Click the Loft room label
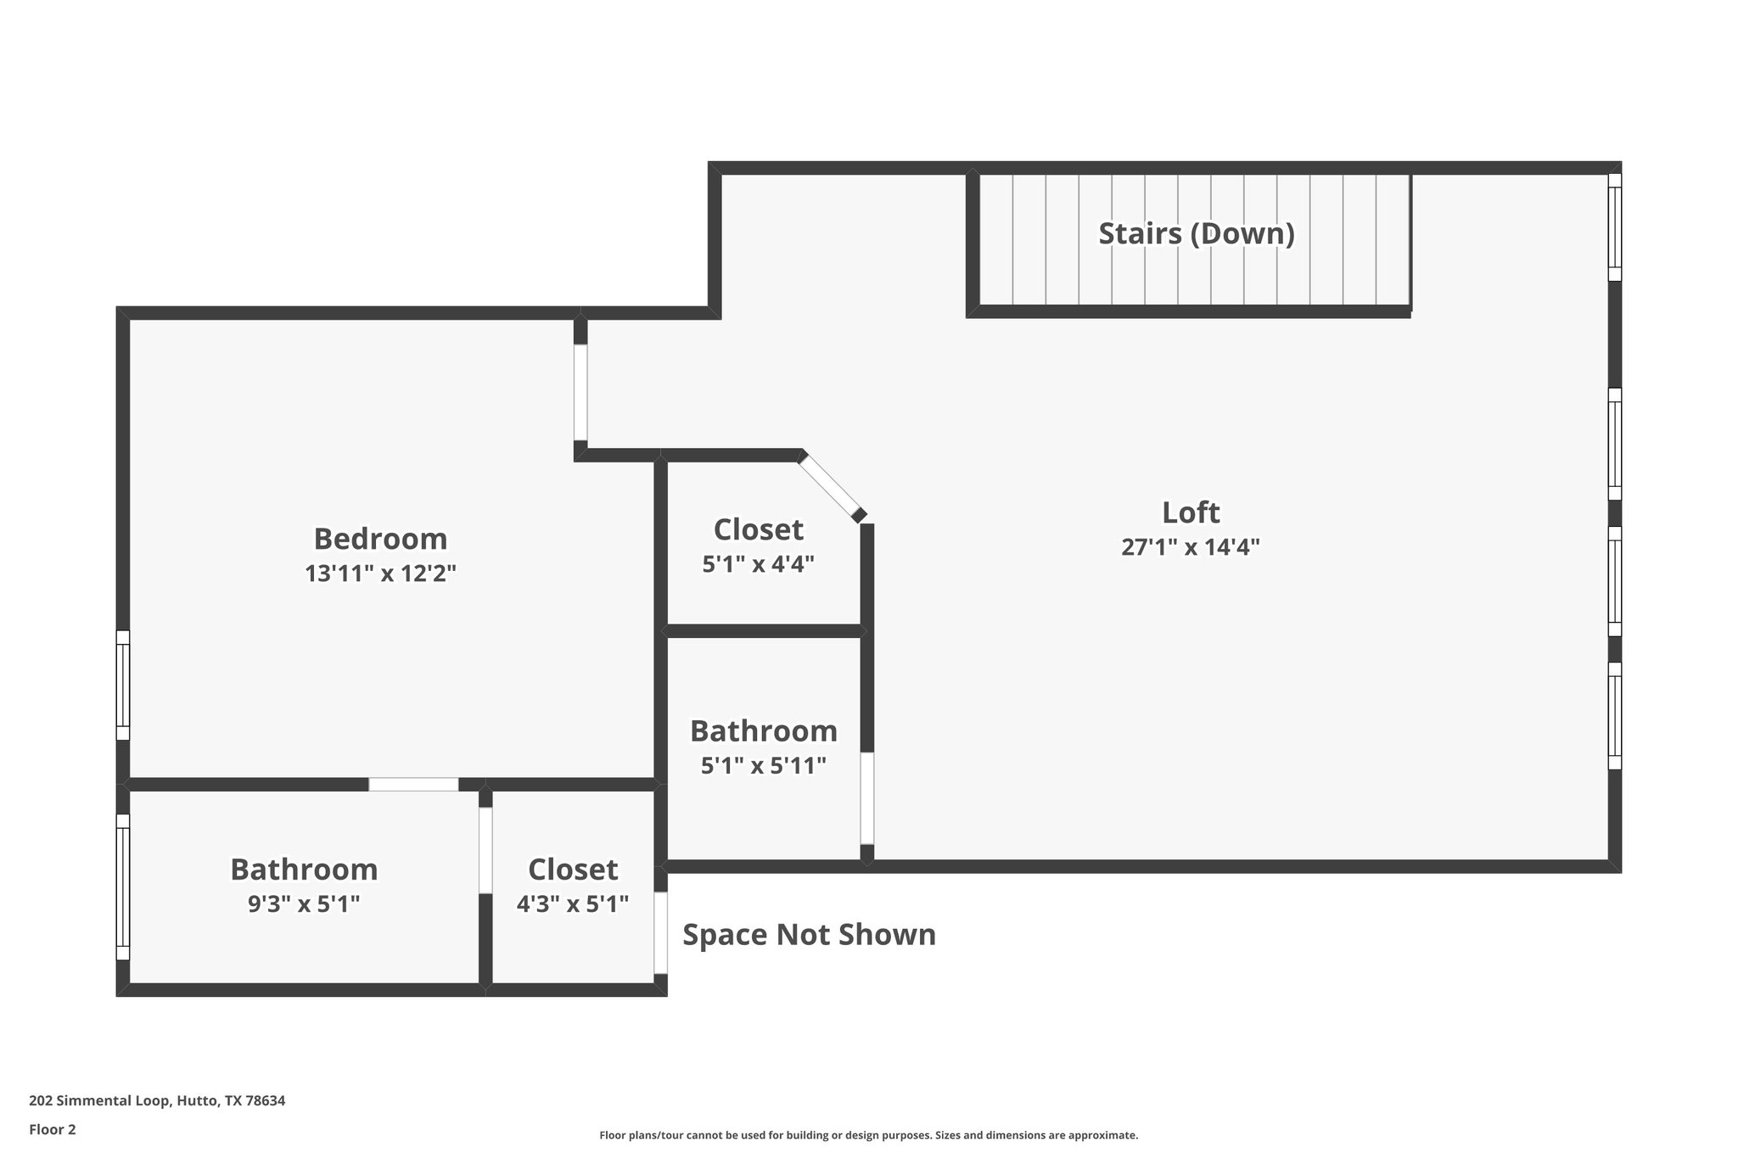click(x=1190, y=512)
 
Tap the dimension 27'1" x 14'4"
click(x=1190, y=547)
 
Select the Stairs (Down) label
click(x=1196, y=233)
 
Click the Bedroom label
click(x=380, y=539)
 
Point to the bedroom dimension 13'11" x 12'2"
click(x=380, y=574)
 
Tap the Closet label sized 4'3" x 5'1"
click(x=573, y=870)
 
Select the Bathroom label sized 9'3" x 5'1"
click(x=304, y=870)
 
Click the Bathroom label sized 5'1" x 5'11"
click(x=763, y=730)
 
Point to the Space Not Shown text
click(x=809, y=935)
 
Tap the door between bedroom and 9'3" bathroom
click(x=413, y=785)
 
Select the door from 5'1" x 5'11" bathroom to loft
click(x=866, y=797)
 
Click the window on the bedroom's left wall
click(x=123, y=685)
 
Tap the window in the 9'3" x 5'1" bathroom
click(x=123, y=887)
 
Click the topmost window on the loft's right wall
click(x=1614, y=227)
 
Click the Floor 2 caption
click(x=53, y=1129)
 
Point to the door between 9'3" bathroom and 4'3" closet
click(x=485, y=849)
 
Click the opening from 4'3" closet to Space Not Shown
click(x=659, y=932)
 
